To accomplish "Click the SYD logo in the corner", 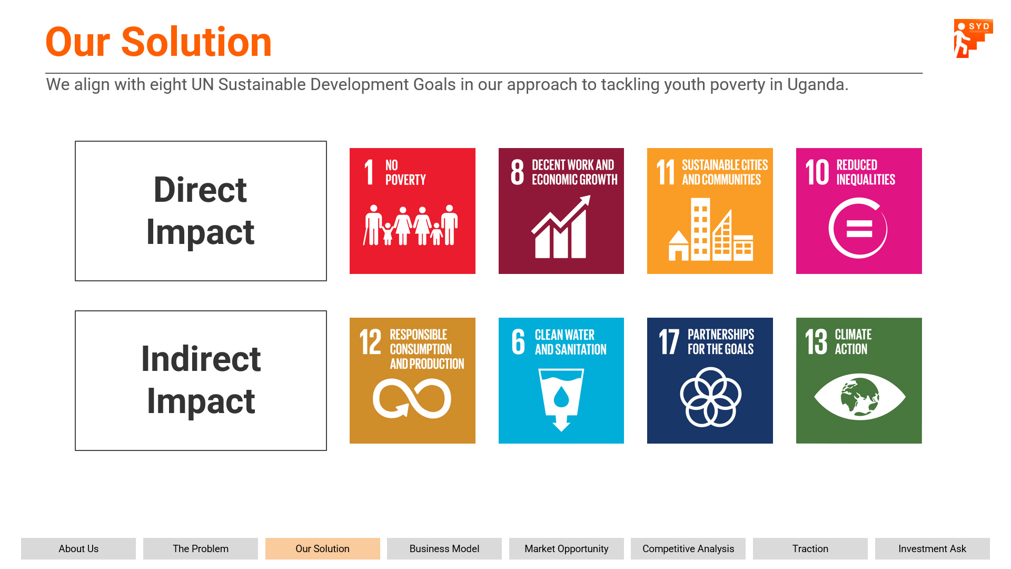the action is coord(973,38).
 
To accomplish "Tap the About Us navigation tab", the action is coord(78,548).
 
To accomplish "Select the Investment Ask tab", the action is coord(932,548).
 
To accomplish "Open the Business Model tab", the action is coord(444,548).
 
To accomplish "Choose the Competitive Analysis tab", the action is coord(688,548).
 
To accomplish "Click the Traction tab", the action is coord(810,548).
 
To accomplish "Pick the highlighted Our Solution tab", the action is coord(323,548).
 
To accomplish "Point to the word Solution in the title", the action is coord(196,42).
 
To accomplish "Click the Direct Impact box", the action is coord(201,211).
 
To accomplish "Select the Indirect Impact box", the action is coord(201,380).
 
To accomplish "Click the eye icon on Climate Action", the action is coord(859,397).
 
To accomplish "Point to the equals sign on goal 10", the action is coord(859,229).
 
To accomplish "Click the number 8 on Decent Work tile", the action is coord(518,172).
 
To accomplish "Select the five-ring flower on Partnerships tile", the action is coord(710,397).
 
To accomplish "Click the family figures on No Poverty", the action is coord(411,225).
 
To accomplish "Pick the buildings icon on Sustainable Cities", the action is coord(710,229).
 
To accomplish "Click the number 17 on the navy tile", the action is coord(669,341).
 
